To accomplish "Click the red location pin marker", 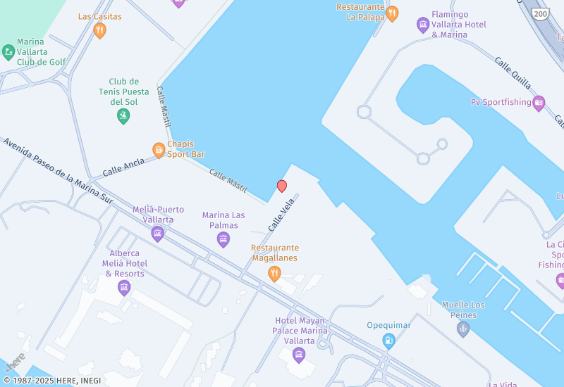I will pos(282,186).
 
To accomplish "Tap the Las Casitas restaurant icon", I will pos(99,30).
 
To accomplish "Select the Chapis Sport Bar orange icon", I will pos(159,150).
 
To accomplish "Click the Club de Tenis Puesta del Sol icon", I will pos(123,116).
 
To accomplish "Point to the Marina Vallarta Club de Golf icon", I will pos(8,51).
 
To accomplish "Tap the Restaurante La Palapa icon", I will pos(392,13).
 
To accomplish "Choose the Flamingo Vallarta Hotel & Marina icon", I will pos(423,25).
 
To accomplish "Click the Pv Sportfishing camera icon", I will pos(539,103).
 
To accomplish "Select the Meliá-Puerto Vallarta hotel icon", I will pos(158,234).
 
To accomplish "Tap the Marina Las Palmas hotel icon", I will pos(223,239).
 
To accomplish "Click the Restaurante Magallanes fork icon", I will pos(275,273).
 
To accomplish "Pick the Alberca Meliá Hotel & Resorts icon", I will pos(124,287).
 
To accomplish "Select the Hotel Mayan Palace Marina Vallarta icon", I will pos(299,354).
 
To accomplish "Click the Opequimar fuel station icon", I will pos(388,341).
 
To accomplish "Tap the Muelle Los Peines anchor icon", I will pos(463,329).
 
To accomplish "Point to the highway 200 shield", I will pos(541,13).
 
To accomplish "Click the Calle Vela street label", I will pos(281,215).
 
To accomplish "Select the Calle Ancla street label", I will pos(123,167).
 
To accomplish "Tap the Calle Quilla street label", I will pos(513,73).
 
